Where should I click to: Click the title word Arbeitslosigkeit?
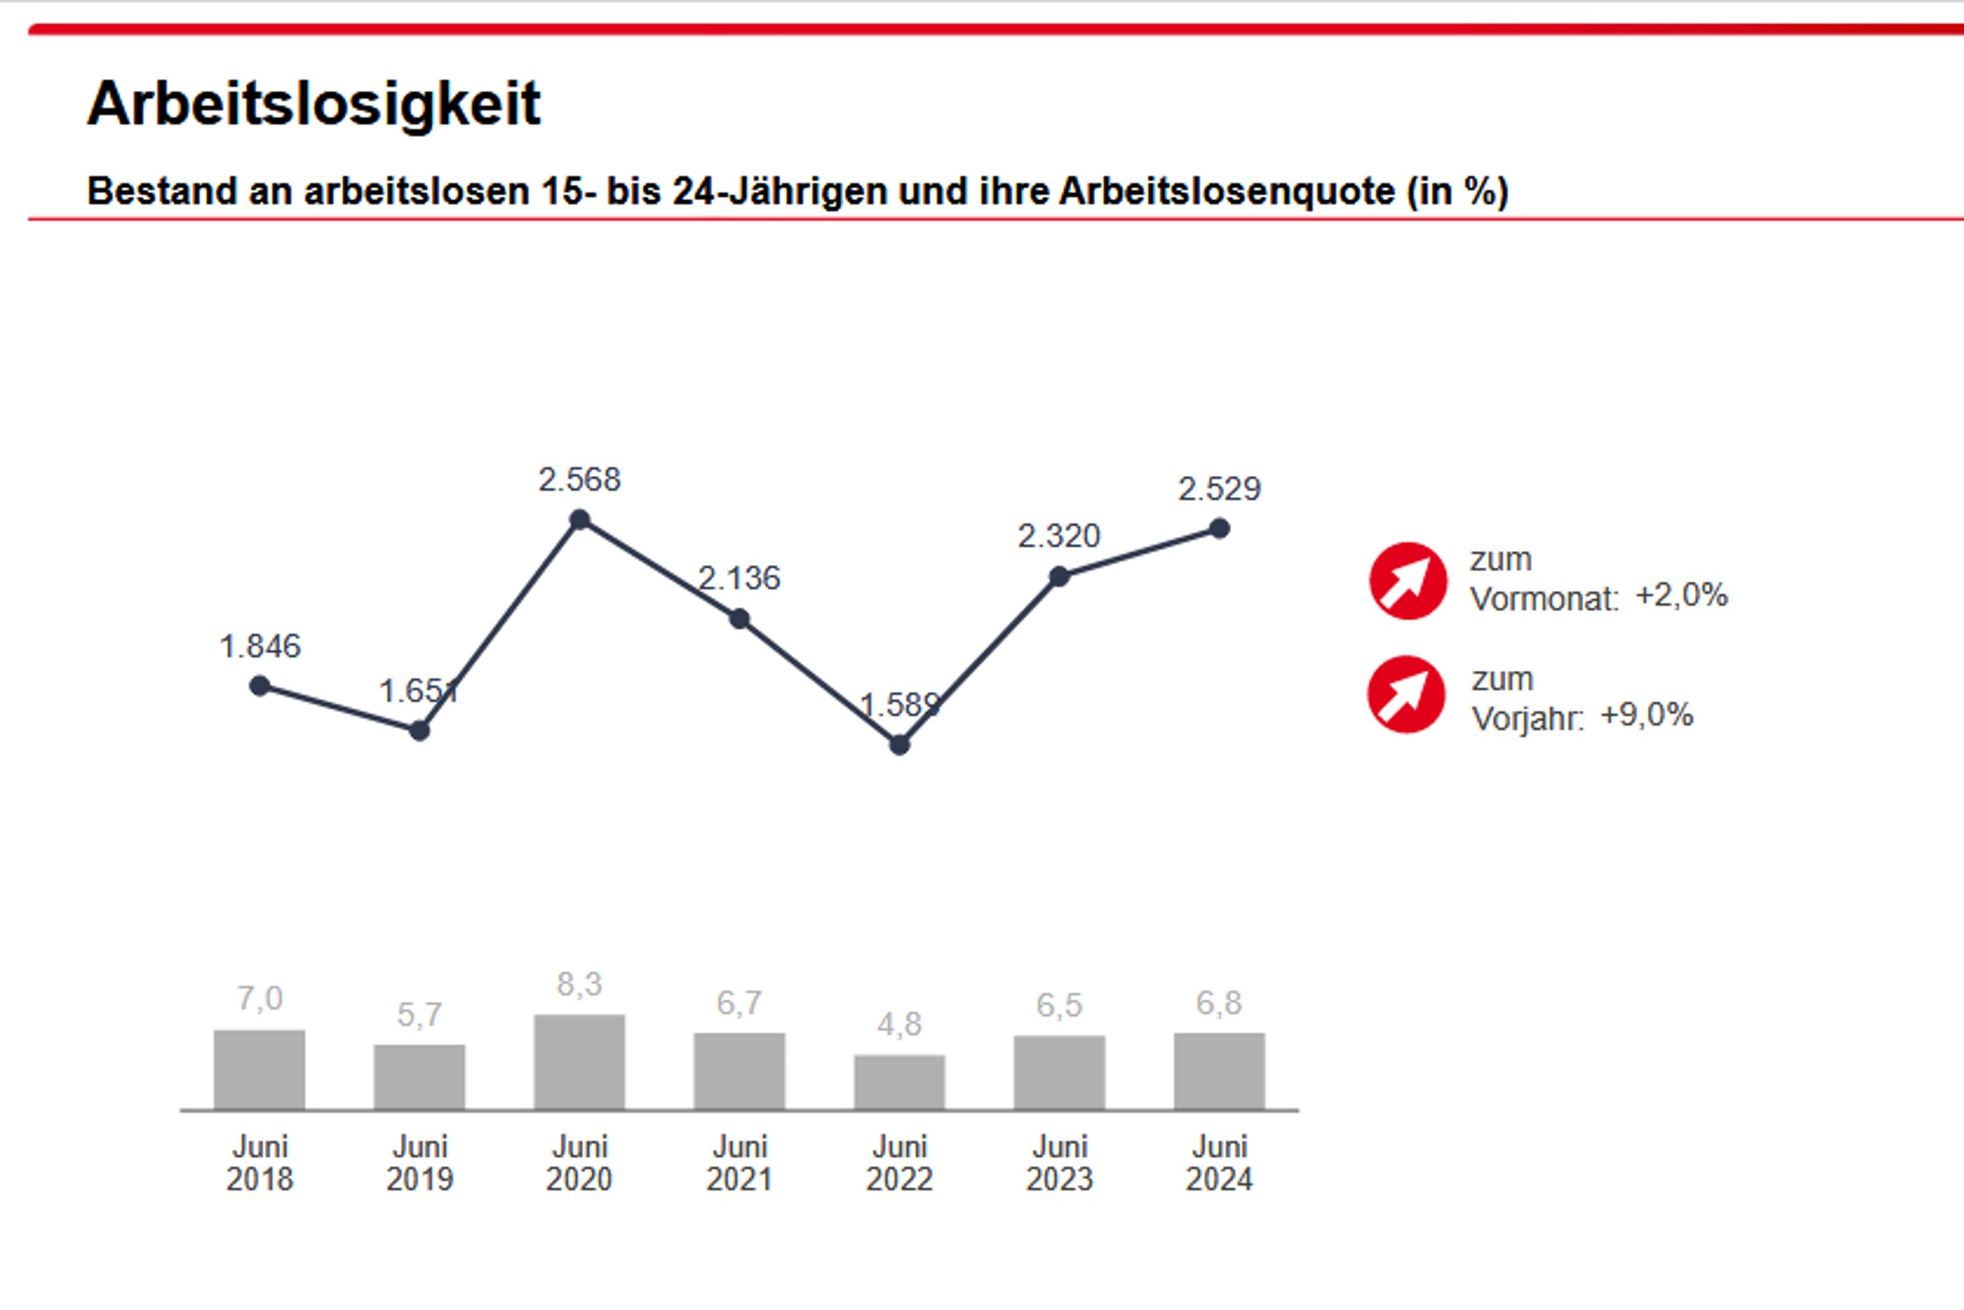(x=314, y=104)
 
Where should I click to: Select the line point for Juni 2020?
(x=579, y=521)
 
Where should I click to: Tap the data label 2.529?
(x=1219, y=488)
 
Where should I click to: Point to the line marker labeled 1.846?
(x=259, y=686)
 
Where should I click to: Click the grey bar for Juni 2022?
(x=899, y=1082)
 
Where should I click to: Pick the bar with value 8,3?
(x=579, y=1062)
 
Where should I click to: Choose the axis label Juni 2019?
(x=419, y=1162)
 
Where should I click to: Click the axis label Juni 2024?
(x=1219, y=1162)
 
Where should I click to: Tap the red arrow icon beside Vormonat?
(x=1407, y=581)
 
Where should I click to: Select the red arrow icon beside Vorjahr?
(x=1406, y=694)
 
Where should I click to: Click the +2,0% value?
(x=1681, y=596)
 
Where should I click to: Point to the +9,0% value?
(x=1646, y=715)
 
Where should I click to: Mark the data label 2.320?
(x=1058, y=535)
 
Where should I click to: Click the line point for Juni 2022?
(x=899, y=745)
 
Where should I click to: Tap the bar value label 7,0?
(x=259, y=998)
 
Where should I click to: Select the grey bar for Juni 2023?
(x=1059, y=1072)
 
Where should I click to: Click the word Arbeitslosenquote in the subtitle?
(x=1227, y=191)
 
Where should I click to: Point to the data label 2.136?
(x=738, y=578)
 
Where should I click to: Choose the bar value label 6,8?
(x=1219, y=1003)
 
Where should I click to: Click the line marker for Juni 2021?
(x=739, y=619)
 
